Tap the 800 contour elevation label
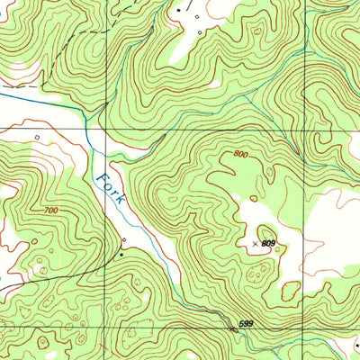239,155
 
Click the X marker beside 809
256,243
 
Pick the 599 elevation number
246,323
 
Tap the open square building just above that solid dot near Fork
124,241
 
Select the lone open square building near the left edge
37,137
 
